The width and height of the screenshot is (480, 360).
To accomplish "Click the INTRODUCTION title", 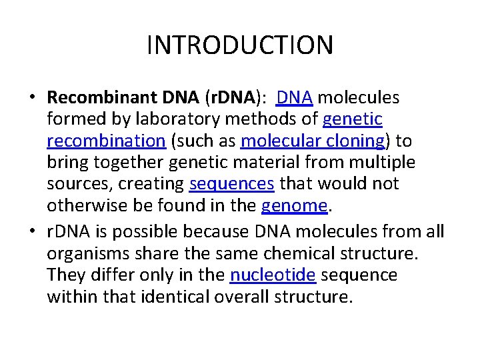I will tap(240, 45).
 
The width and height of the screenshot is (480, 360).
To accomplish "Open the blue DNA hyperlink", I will tap(294, 98).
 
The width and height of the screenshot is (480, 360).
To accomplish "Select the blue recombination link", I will tap(106, 141).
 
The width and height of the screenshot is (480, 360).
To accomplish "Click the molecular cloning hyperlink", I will tap(313, 141).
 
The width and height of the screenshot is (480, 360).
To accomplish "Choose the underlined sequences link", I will tap(232, 184).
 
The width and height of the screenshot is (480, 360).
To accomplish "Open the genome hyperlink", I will tap(295, 206).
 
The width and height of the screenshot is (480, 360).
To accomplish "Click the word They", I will tap(65, 275).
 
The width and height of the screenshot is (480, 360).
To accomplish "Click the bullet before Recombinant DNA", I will tap(32, 98).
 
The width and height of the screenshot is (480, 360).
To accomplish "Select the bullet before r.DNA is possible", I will tap(32, 232).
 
